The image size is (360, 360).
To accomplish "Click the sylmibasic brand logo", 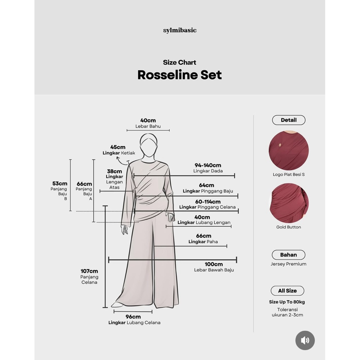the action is click(180, 31).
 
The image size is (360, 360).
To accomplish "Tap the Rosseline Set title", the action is click(180, 75).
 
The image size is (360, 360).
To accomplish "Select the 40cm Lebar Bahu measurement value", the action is click(148, 121).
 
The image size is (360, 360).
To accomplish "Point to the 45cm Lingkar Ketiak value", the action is click(118, 147).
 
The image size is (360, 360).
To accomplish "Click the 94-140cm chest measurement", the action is click(208, 165).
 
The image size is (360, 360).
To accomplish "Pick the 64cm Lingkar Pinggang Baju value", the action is click(206, 185).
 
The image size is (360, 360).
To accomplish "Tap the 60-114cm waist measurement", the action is click(207, 202).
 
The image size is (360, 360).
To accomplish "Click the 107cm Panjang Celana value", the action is click(89, 271).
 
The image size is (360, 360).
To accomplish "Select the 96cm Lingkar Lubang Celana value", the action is click(133, 317).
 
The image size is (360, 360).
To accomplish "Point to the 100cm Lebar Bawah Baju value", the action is click(214, 264).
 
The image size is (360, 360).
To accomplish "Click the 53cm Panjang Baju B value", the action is click(60, 184).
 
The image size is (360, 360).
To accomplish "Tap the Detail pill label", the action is click(289, 120).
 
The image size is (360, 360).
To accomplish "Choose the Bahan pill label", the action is click(288, 255).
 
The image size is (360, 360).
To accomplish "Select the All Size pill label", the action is click(287, 291).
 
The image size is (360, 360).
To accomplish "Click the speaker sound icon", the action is click(305, 340).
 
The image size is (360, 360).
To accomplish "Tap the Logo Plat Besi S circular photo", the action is click(289, 150).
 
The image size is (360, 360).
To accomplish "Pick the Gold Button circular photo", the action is click(289, 203).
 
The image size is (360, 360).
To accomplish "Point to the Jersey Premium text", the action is click(288, 264).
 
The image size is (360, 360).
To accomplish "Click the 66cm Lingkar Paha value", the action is click(204, 236).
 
